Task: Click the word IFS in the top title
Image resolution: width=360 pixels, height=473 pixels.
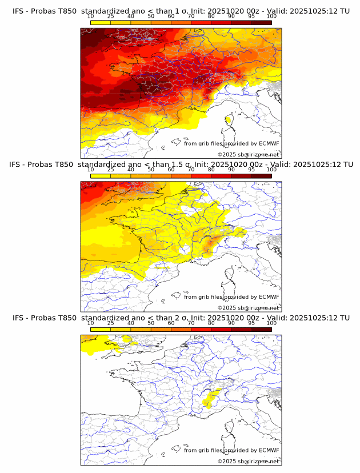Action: pyautogui.click(x=18, y=11)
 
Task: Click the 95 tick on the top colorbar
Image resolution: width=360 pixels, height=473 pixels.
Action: pyautogui.click(x=251, y=16)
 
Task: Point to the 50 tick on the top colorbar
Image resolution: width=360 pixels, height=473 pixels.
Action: pyautogui.click(x=151, y=16)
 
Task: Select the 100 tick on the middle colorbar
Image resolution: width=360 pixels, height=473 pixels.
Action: pyautogui.click(x=271, y=170)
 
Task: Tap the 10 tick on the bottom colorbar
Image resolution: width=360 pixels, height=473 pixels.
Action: pyautogui.click(x=90, y=323)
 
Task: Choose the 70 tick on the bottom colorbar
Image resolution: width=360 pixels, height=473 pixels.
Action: pyautogui.click(x=191, y=323)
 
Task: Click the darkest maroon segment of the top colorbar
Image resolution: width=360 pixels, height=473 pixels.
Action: pyautogui.click(x=261, y=22)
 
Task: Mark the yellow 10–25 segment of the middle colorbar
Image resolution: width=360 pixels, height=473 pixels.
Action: pyautogui.click(x=100, y=176)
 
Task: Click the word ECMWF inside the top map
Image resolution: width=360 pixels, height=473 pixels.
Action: pyautogui.click(x=269, y=143)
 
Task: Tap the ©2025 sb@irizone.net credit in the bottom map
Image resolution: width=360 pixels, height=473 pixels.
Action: pyautogui.click(x=248, y=461)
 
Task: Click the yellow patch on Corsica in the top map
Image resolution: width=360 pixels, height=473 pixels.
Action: pyautogui.click(x=229, y=120)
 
